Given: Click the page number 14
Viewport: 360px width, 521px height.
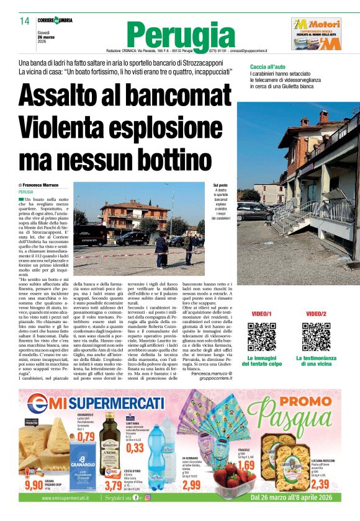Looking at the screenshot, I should coord(24,21).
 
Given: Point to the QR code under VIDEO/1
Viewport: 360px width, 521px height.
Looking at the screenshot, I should coord(261,337).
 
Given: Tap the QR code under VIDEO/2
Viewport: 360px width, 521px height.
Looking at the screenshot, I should coord(316,337).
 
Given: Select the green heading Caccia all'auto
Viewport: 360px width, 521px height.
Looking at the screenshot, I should coord(268,66).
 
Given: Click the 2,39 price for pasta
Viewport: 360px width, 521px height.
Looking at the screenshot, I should coord(320,484).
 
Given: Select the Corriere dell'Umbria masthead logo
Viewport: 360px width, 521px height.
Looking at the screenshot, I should coord(54,20).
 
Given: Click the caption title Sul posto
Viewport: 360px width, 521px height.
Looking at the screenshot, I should coord(220,185).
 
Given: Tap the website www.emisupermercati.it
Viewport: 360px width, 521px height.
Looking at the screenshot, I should coord(56,497).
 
